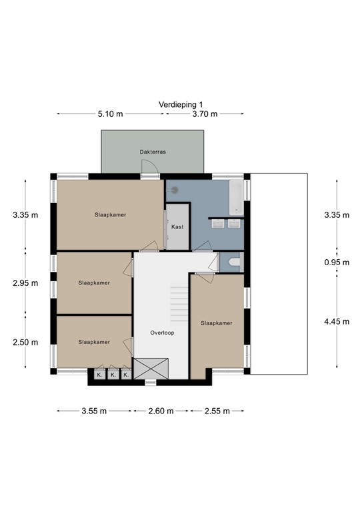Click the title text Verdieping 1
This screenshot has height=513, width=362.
[180, 105]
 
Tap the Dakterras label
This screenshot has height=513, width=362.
[153, 152]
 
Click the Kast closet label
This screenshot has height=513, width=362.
[177, 227]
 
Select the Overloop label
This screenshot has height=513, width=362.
[162, 332]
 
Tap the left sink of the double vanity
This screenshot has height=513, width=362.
[217, 224]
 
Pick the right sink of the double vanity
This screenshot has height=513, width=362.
[233, 224]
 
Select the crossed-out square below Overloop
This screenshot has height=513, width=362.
[151, 369]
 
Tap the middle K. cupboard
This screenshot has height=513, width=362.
[113, 375]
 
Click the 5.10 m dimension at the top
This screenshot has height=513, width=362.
[110, 114]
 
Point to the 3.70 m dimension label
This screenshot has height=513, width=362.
[205, 114]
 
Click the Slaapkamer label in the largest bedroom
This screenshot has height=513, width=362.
[110, 215]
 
